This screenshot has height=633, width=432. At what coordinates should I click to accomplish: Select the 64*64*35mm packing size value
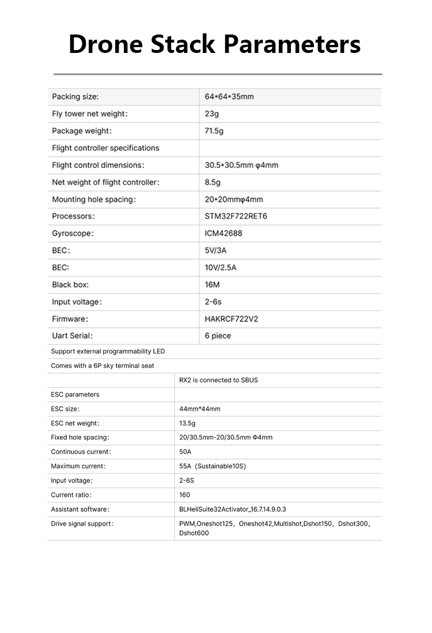(229, 97)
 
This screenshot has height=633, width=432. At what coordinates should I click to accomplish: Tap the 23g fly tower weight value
(212, 114)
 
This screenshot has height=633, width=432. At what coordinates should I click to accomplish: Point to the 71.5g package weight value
(214, 131)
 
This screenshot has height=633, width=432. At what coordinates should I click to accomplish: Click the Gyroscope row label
(73, 234)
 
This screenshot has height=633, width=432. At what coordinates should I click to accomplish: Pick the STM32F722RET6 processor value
(236, 216)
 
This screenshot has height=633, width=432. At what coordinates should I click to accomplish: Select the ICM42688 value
(223, 234)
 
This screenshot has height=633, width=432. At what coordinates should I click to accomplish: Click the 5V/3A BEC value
(217, 251)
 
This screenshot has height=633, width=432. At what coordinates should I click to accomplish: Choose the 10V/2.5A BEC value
(221, 268)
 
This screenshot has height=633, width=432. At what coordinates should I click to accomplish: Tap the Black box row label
(70, 285)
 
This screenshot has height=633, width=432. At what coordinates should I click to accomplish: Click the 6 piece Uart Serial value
(218, 336)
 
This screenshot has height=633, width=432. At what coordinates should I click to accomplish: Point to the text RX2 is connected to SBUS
(218, 380)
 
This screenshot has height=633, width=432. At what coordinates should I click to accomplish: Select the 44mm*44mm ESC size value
(200, 409)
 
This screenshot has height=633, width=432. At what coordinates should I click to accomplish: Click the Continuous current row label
(81, 452)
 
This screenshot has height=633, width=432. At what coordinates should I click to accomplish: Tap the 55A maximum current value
(213, 466)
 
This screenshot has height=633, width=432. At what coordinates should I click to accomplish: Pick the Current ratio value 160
(185, 495)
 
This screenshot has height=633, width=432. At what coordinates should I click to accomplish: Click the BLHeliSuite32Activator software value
(233, 509)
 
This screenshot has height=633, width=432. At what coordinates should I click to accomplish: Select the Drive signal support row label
(82, 524)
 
